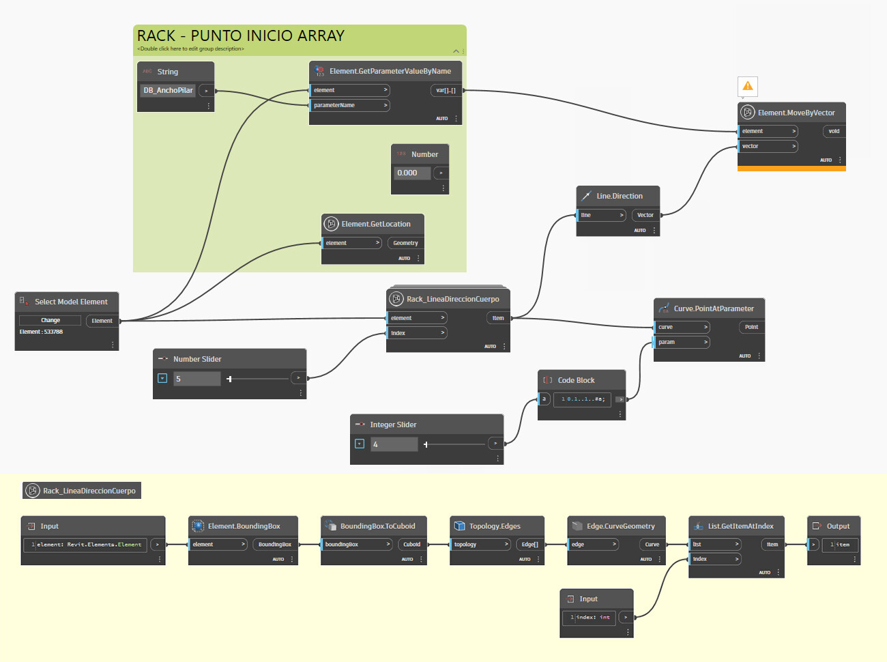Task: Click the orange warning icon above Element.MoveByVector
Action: pyautogui.click(x=748, y=86)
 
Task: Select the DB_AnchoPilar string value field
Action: pyautogui.click(x=168, y=90)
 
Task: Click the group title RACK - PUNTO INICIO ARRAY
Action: pyautogui.click(x=241, y=35)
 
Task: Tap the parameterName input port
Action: pyautogui.click(x=349, y=105)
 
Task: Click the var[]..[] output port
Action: pyautogui.click(x=446, y=90)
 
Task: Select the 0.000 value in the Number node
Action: pyautogui.click(x=411, y=173)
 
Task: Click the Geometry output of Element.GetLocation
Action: pyautogui.click(x=405, y=243)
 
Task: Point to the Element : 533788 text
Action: pyautogui.click(x=41, y=332)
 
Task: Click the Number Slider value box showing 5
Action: pyautogui.click(x=197, y=379)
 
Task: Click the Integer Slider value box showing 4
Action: pyautogui.click(x=394, y=444)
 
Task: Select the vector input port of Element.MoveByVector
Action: pyautogui.click(x=768, y=146)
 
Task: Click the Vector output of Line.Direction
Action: pyautogui.click(x=645, y=215)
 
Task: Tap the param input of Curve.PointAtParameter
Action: pyautogui.click(x=682, y=342)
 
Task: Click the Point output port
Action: pyautogui.click(x=751, y=327)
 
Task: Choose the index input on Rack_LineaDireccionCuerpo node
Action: pyautogui.click(x=417, y=333)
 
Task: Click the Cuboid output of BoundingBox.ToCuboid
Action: pyautogui.click(x=411, y=545)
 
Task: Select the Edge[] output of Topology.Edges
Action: pyautogui.click(x=529, y=545)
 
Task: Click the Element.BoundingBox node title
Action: pyautogui.click(x=244, y=526)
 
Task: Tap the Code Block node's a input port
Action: pyautogui.click(x=544, y=399)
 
